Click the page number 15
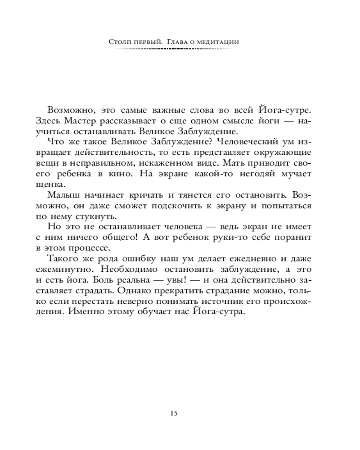(175, 413)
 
